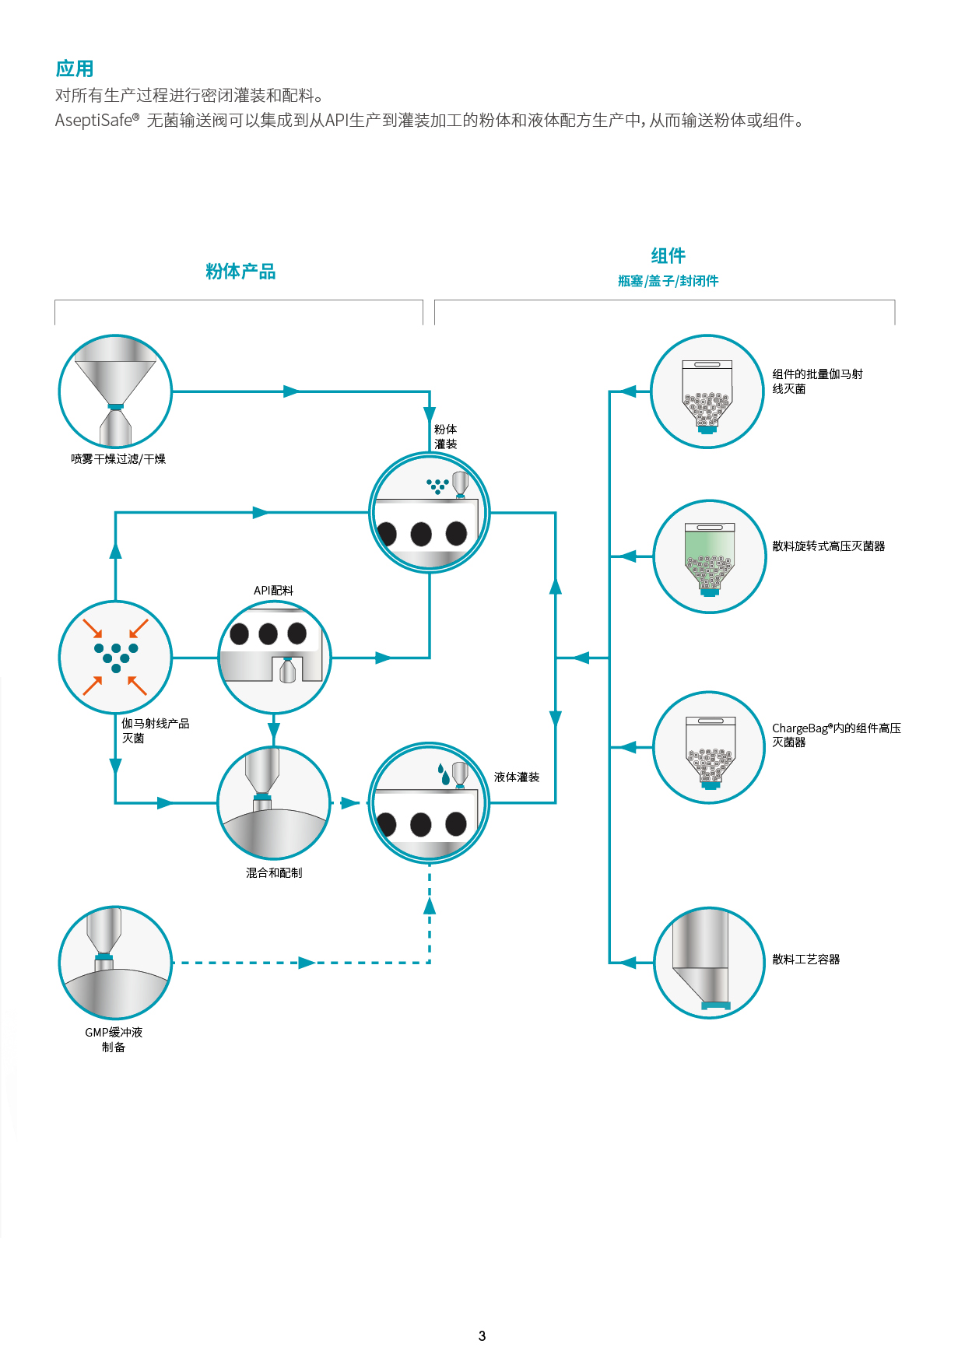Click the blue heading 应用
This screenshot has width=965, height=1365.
coord(75,68)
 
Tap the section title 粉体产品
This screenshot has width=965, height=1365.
coord(240,272)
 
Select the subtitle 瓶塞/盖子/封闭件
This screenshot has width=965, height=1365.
coord(668,281)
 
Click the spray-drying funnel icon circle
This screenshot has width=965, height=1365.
coord(115,391)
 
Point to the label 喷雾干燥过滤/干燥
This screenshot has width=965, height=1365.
coord(118,459)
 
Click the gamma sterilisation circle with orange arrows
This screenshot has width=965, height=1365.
coord(115,658)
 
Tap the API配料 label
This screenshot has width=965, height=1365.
coord(273,591)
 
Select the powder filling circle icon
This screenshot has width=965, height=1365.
coord(429,513)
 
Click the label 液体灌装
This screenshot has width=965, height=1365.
coord(517,777)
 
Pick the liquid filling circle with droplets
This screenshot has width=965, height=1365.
coord(429,803)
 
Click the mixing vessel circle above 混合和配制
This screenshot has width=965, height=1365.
coord(274,803)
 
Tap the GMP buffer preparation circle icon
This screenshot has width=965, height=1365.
coord(115,963)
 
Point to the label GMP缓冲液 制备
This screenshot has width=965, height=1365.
coord(114,1040)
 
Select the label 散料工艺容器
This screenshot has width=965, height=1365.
coord(805,960)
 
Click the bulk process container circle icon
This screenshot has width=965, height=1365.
coord(709,963)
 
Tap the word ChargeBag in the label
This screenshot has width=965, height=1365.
coord(800,728)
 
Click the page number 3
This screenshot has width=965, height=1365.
coord(482,1336)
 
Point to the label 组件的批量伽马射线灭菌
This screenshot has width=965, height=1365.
coord(816,381)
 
